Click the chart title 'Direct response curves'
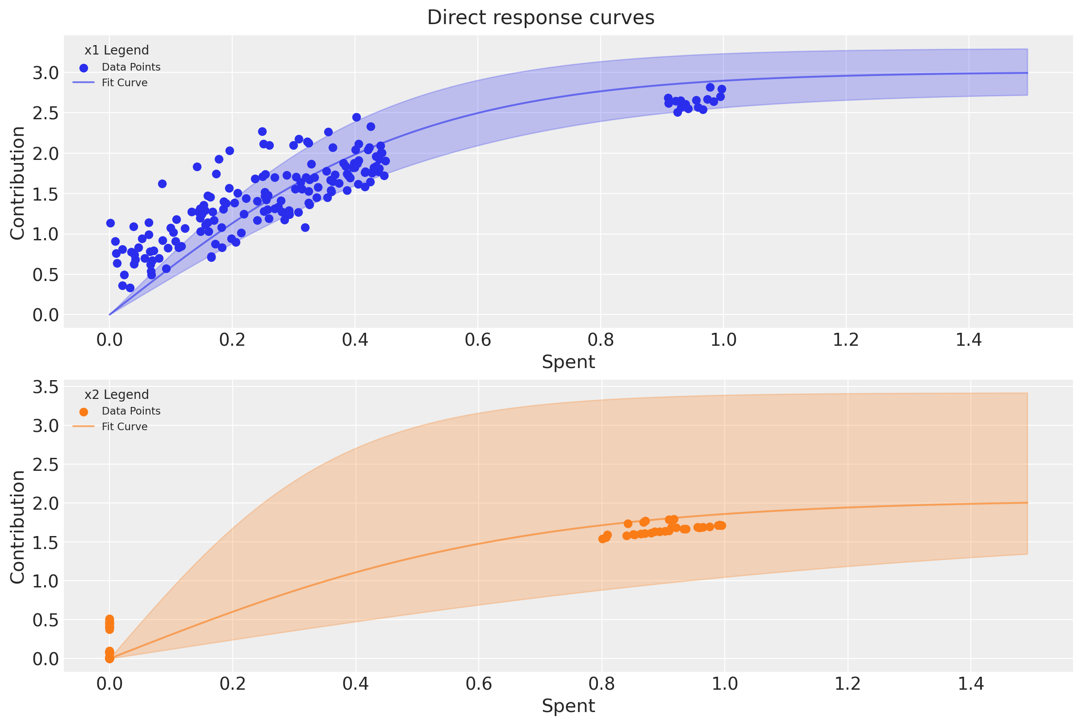540,17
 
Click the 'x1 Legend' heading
117,50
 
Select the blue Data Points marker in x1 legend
84,68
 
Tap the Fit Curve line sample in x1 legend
84,83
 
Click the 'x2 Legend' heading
117,394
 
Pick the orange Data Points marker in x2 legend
84,412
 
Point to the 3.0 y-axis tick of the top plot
46,73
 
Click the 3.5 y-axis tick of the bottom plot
46,386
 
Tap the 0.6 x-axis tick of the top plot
478,340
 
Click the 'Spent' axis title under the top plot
568,361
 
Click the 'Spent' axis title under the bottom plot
568,706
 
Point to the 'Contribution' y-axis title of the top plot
17,183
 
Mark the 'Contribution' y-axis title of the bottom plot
17,527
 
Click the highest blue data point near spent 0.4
356,117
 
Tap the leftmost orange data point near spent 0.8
602,539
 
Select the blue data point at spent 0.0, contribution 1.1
110,223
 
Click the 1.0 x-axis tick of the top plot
723,340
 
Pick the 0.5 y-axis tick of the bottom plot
46,620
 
